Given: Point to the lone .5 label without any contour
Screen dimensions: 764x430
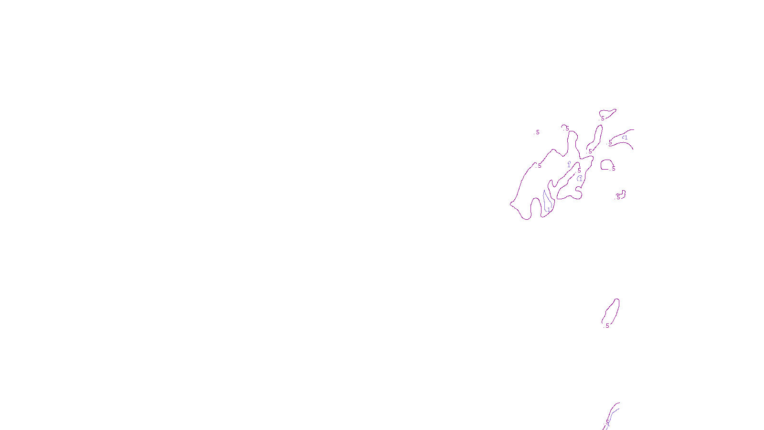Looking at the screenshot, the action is (x=537, y=132).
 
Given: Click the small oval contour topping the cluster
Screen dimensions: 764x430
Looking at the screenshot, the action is (x=608, y=113).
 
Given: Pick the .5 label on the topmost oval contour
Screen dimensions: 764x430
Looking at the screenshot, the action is (x=603, y=118).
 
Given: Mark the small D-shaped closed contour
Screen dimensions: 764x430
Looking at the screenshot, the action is (x=606, y=164).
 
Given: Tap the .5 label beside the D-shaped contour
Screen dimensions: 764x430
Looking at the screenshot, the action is (x=613, y=169).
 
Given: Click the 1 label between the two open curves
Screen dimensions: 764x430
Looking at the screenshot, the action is (x=625, y=138).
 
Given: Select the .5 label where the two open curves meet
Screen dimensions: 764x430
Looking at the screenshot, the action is (x=610, y=142).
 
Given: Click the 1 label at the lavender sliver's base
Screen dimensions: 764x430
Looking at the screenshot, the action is (x=549, y=209).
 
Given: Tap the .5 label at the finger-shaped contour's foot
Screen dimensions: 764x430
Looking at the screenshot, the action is (x=590, y=151).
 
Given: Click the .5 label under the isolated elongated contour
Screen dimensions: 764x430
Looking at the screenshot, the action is (x=607, y=326).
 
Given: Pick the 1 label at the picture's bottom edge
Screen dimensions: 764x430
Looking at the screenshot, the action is (x=608, y=424).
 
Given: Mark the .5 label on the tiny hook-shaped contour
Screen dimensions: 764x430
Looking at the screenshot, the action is (x=618, y=197).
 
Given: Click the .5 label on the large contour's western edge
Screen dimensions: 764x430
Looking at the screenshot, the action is (x=539, y=166).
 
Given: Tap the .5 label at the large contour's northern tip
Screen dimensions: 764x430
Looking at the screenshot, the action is (x=567, y=128).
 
